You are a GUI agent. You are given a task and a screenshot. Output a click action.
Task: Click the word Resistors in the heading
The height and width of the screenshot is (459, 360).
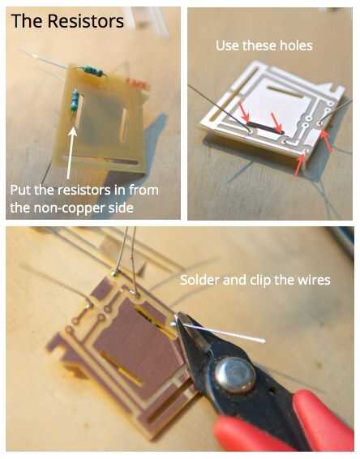pyautogui.click(x=85, y=21)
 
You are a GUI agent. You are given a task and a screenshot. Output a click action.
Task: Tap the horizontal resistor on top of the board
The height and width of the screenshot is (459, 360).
pyautogui.click(x=94, y=71)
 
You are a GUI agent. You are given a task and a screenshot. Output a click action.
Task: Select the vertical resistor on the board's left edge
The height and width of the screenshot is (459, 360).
pyautogui.click(x=75, y=101)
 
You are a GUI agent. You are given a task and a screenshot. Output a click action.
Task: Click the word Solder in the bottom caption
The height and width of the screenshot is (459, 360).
pyautogui.click(x=199, y=280)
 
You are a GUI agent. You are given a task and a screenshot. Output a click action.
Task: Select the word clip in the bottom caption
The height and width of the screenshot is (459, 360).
pyautogui.click(x=261, y=281)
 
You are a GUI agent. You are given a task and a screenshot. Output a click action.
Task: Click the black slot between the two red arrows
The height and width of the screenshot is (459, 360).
pyautogui.click(x=265, y=128)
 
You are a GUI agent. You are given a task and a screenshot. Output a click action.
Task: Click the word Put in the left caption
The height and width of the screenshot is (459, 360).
pyautogui.click(x=21, y=191)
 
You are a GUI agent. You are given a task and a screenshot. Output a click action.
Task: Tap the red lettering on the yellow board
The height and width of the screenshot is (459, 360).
pyautogui.click(x=138, y=84)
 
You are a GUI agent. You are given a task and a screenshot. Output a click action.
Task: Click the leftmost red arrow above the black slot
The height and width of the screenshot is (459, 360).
pyautogui.click(x=243, y=113)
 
